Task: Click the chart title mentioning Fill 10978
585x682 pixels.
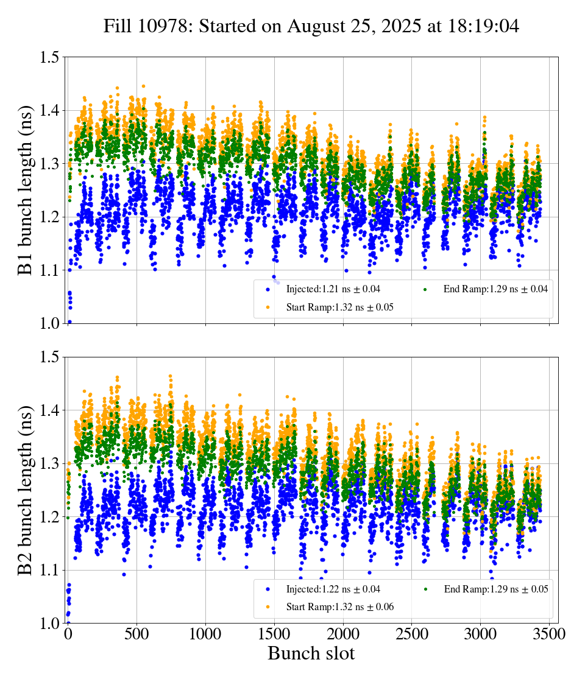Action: point(311,26)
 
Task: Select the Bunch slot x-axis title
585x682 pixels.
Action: point(311,654)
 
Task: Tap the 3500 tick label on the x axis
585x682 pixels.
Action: point(549,635)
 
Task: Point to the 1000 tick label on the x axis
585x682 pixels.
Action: point(205,635)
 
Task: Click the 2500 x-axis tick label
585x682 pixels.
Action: point(412,635)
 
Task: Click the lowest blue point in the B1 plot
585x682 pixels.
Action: point(69,322)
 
